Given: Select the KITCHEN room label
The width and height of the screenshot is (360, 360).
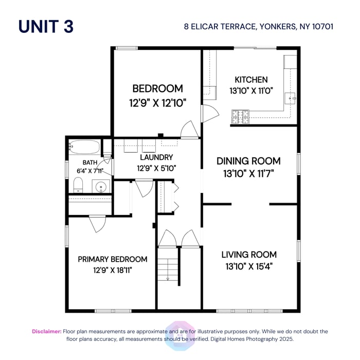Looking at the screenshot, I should (x=251, y=80).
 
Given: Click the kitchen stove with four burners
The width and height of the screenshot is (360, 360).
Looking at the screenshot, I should (x=240, y=117).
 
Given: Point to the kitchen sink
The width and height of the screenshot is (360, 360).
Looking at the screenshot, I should (x=291, y=98).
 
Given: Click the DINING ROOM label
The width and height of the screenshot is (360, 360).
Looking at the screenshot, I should (x=249, y=161).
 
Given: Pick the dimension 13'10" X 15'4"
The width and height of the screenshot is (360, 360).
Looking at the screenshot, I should (x=249, y=266).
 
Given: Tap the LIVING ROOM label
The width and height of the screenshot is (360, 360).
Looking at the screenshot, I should (x=249, y=254).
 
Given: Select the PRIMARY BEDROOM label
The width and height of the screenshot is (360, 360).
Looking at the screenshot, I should (x=113, y=259).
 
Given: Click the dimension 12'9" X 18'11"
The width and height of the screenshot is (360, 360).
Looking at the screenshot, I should (x=113, y=270).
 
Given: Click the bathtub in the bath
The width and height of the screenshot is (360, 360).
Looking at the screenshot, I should (x=84, y=147).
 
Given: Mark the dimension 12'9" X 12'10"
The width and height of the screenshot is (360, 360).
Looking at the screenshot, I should (x=157, y=102).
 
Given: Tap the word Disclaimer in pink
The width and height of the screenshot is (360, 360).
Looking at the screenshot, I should (x=47, y=332).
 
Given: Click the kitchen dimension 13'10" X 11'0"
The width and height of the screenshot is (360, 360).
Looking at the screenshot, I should (x=251, y=90).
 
